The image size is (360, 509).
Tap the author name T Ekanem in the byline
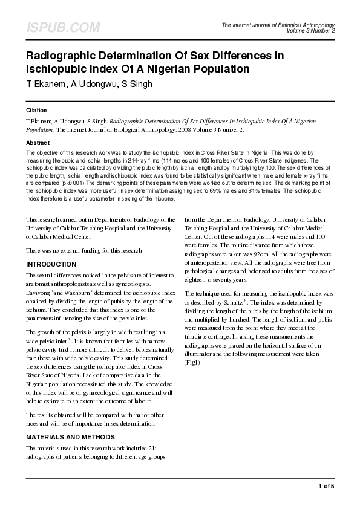point(46,83)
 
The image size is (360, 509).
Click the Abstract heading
point(38,143)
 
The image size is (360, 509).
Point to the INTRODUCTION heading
point(51,265)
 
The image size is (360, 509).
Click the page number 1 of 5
point(326,487)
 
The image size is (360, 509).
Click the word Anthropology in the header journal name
point(315,24)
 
